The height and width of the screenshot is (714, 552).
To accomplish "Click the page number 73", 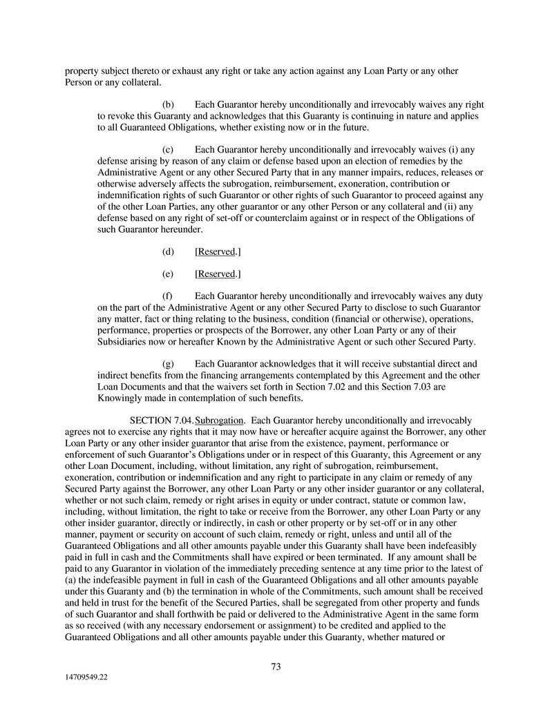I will (276, 666).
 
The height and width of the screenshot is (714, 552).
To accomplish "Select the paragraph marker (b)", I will (168, 104).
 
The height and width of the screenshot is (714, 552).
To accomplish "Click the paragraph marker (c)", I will (168, 148).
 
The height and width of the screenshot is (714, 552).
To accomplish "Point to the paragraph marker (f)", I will (167, 295).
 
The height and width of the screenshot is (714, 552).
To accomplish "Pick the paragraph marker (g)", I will (168, 363).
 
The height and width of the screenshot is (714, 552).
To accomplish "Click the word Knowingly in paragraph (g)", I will (120, 398).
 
